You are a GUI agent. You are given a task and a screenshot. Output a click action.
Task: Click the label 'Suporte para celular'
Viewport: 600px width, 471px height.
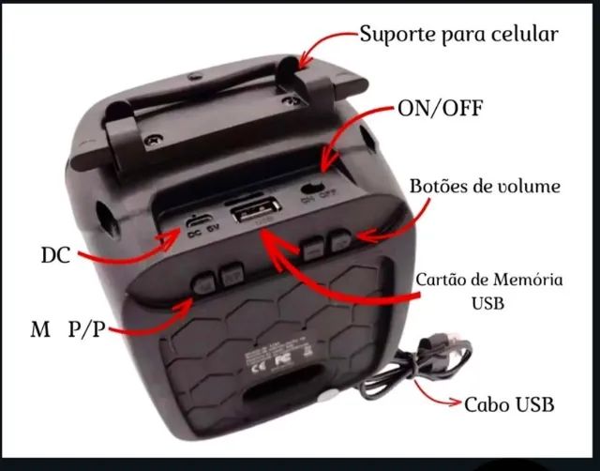[x=458, y=35]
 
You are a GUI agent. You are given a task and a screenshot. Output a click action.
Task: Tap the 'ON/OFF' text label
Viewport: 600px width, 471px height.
[x=441, y=108]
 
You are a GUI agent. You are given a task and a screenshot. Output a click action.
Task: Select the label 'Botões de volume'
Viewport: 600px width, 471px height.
[x=485, y=186]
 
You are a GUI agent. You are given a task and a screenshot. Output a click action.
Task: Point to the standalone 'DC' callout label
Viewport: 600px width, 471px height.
[x=55, y=254]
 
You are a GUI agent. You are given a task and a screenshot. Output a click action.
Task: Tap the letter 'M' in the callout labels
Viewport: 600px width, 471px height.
[x=39, y=330]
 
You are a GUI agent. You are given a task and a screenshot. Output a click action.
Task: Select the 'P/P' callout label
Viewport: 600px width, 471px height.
[x=86, y=330]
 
